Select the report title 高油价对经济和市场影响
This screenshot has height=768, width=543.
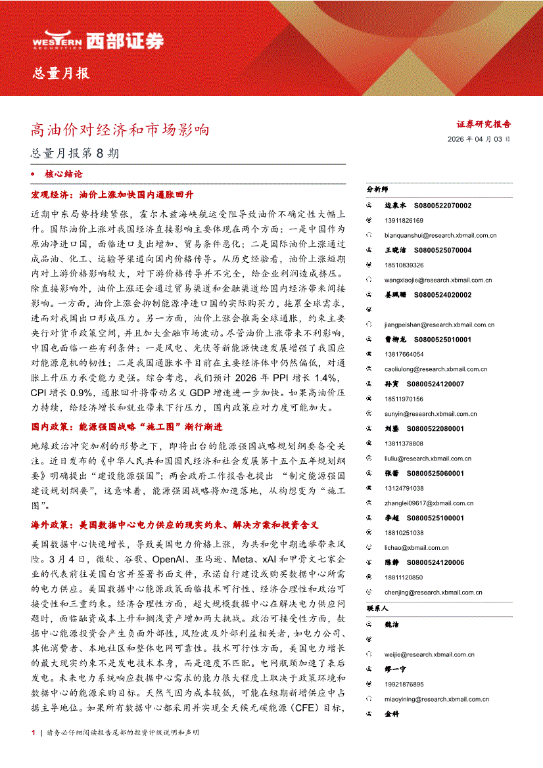coord(120,130)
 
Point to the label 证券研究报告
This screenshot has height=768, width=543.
coord(484,124)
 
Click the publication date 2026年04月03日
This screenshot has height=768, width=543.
coord(479,139)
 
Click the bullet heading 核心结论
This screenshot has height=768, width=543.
coord(64,175)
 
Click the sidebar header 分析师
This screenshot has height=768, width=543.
coord(378,189)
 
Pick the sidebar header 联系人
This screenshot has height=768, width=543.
coord(378,608)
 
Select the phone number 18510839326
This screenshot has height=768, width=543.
coord(404,265)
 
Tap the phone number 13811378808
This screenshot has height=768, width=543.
coord(404,443)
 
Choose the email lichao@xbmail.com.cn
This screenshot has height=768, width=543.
coord(417,547)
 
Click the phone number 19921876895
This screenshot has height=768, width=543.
coord(404,684)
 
